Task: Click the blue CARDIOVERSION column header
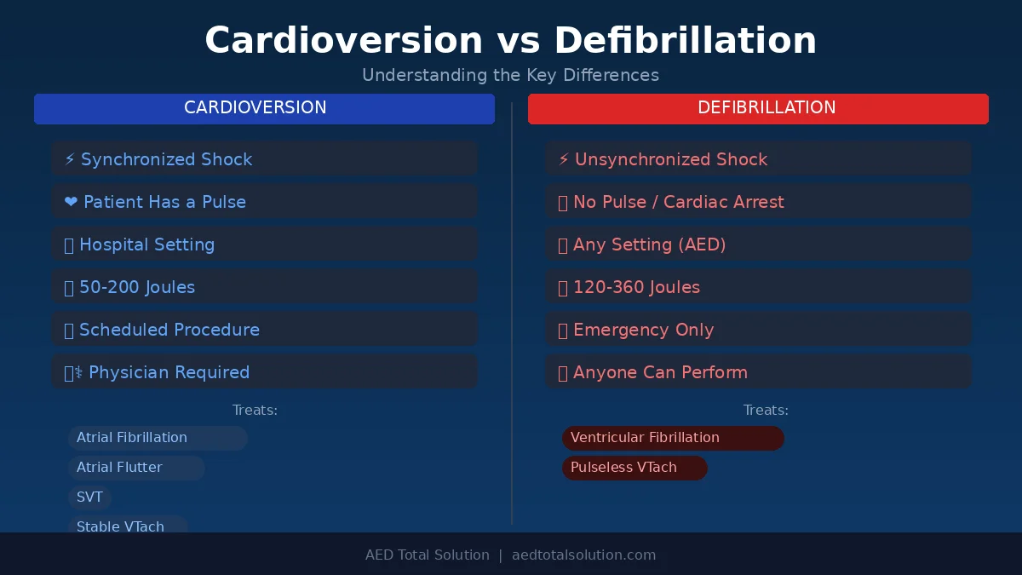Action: pyautogui.click(x=264, y=109)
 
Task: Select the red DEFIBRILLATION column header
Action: pyautogui.click(x=758, y=109)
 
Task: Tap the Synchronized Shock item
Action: pyautogui.click(x=264, y=158)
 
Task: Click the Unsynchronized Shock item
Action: pyautogui.click(x=758, y=158)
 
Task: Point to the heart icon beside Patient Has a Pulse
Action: pyautogui.click(x=71, y=202)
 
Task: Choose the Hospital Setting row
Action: pyautogui.click(x=264, y=244)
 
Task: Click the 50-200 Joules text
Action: pyautogui.click(x=137, y=287)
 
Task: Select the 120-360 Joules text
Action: pyautogui.click(x=636, y=287)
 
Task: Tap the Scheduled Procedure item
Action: pyautogui.click(x=264, y=330)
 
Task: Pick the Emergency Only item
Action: pyautogui.click(x=758, y=330)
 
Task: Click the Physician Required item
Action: pyautogui.click(x=264, y=372)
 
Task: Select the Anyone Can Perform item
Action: pyautogui.click(x=758, y=372)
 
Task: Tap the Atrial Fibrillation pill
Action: pyautogui.click(x=158, y=438)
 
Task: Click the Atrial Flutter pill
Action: pyautogui.click(x=136, y=468)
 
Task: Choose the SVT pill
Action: pyautogui.click(x=90, y=497)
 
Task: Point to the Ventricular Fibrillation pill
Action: pyautogui.click(x=673, y=438)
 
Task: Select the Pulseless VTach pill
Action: pyautogui.click(x=634, y=468)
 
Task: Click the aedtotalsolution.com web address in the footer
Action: pyautogui.click(x=583, y=555)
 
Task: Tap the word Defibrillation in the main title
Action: pyautogui.click(x=686, y=41)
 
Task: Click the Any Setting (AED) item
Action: pyautogui.click(x=758, y=244)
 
